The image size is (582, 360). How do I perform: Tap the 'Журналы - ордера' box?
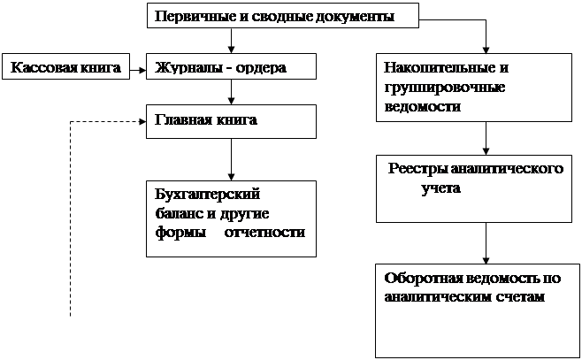point(231,65)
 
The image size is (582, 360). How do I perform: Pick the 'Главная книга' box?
point(231,121)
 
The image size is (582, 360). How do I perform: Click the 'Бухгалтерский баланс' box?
point(230,218)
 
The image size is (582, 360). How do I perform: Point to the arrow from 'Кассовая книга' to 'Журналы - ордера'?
point(135,66)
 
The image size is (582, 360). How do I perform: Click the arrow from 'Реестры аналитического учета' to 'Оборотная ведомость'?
point(485,241)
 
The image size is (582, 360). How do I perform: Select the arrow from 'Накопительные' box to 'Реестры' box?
point(485,138)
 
